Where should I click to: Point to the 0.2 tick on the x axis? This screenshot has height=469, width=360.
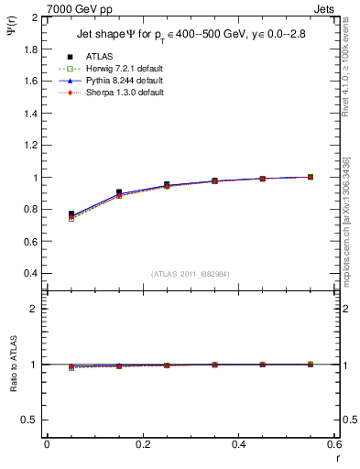[142, 444]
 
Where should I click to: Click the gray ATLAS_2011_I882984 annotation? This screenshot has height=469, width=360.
[190, 274]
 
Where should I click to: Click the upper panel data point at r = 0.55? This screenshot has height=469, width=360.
[311, 177]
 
